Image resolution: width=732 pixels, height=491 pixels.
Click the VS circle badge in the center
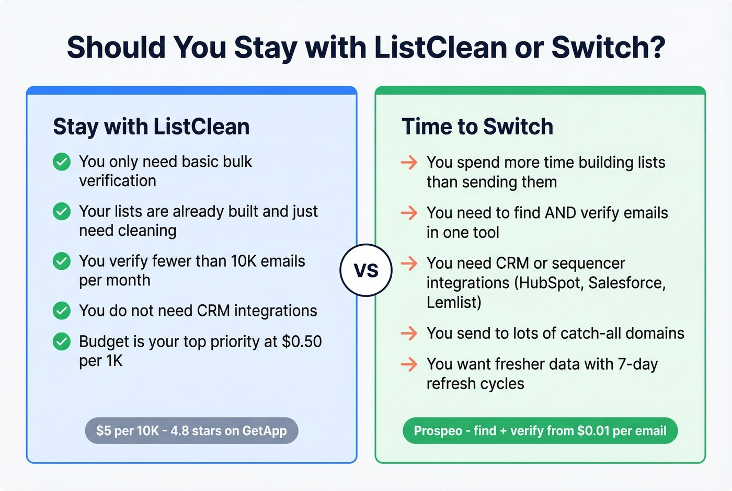click(366, 270)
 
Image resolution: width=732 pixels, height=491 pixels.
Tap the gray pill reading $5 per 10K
click(191, 431)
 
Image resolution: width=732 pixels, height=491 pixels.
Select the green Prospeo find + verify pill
click(540, 431)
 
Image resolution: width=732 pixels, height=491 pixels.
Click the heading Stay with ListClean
click(151, 127)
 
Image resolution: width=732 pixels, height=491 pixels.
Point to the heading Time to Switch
click(477, 127)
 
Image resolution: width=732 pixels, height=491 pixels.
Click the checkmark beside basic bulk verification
click(62, 162)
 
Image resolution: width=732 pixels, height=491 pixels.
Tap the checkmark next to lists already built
click(62, 211)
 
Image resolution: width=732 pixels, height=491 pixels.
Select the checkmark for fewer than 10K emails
click(62, 261)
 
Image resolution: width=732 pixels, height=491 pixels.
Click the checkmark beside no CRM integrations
click(62, 311)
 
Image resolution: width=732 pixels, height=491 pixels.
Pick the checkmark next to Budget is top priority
click(62, 341)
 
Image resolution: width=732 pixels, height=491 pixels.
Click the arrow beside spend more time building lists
click(409, 163)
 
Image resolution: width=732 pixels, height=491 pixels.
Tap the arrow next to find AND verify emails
click(409, 213)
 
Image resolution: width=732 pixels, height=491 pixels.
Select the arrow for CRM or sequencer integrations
click(409, 263)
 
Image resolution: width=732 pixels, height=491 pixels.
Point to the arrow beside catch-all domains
click(409, 333)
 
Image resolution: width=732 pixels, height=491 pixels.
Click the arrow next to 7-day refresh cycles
click(409, 364)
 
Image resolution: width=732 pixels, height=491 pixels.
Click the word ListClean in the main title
click(441, 48)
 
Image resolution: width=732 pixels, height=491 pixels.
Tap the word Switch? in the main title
click(608, 48)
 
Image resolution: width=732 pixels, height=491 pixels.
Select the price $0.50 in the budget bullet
click(302, 341)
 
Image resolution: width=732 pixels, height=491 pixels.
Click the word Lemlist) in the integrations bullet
click(454, 302)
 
